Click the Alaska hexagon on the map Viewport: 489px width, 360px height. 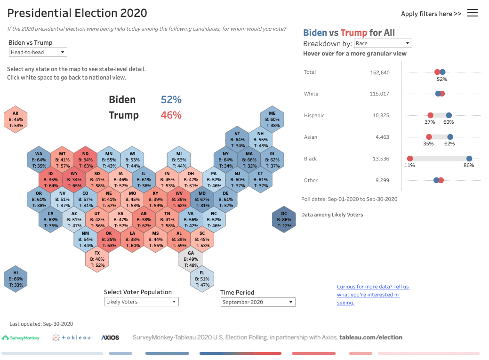[x=16, y=120]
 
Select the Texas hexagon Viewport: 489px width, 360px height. [x=97, y=259]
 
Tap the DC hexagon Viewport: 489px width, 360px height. [x=284, y=220]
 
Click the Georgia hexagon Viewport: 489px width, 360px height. [x=191, y=259]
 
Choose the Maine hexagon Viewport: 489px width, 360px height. [x=272, y=120]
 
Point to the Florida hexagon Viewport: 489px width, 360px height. [x=202, y=279]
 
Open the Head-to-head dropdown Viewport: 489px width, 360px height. [x=38, y=52]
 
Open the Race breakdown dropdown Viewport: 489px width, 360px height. [x=382, y=43]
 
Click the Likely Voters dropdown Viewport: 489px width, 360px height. [x=141, y=302]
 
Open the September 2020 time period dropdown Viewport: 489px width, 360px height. [x=258, y=302]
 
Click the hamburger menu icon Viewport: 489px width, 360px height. [x=473, y=13]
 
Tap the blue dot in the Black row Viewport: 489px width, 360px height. [x=469, y=159]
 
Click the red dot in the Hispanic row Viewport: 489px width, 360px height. [x=430, y=115]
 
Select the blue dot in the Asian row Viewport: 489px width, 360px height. [x=450, y=137]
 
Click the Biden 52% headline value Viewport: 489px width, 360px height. [x=171, y=100]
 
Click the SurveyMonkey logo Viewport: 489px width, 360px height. [x=21, y=337]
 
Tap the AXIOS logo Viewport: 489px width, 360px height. [x=110, y=337]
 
